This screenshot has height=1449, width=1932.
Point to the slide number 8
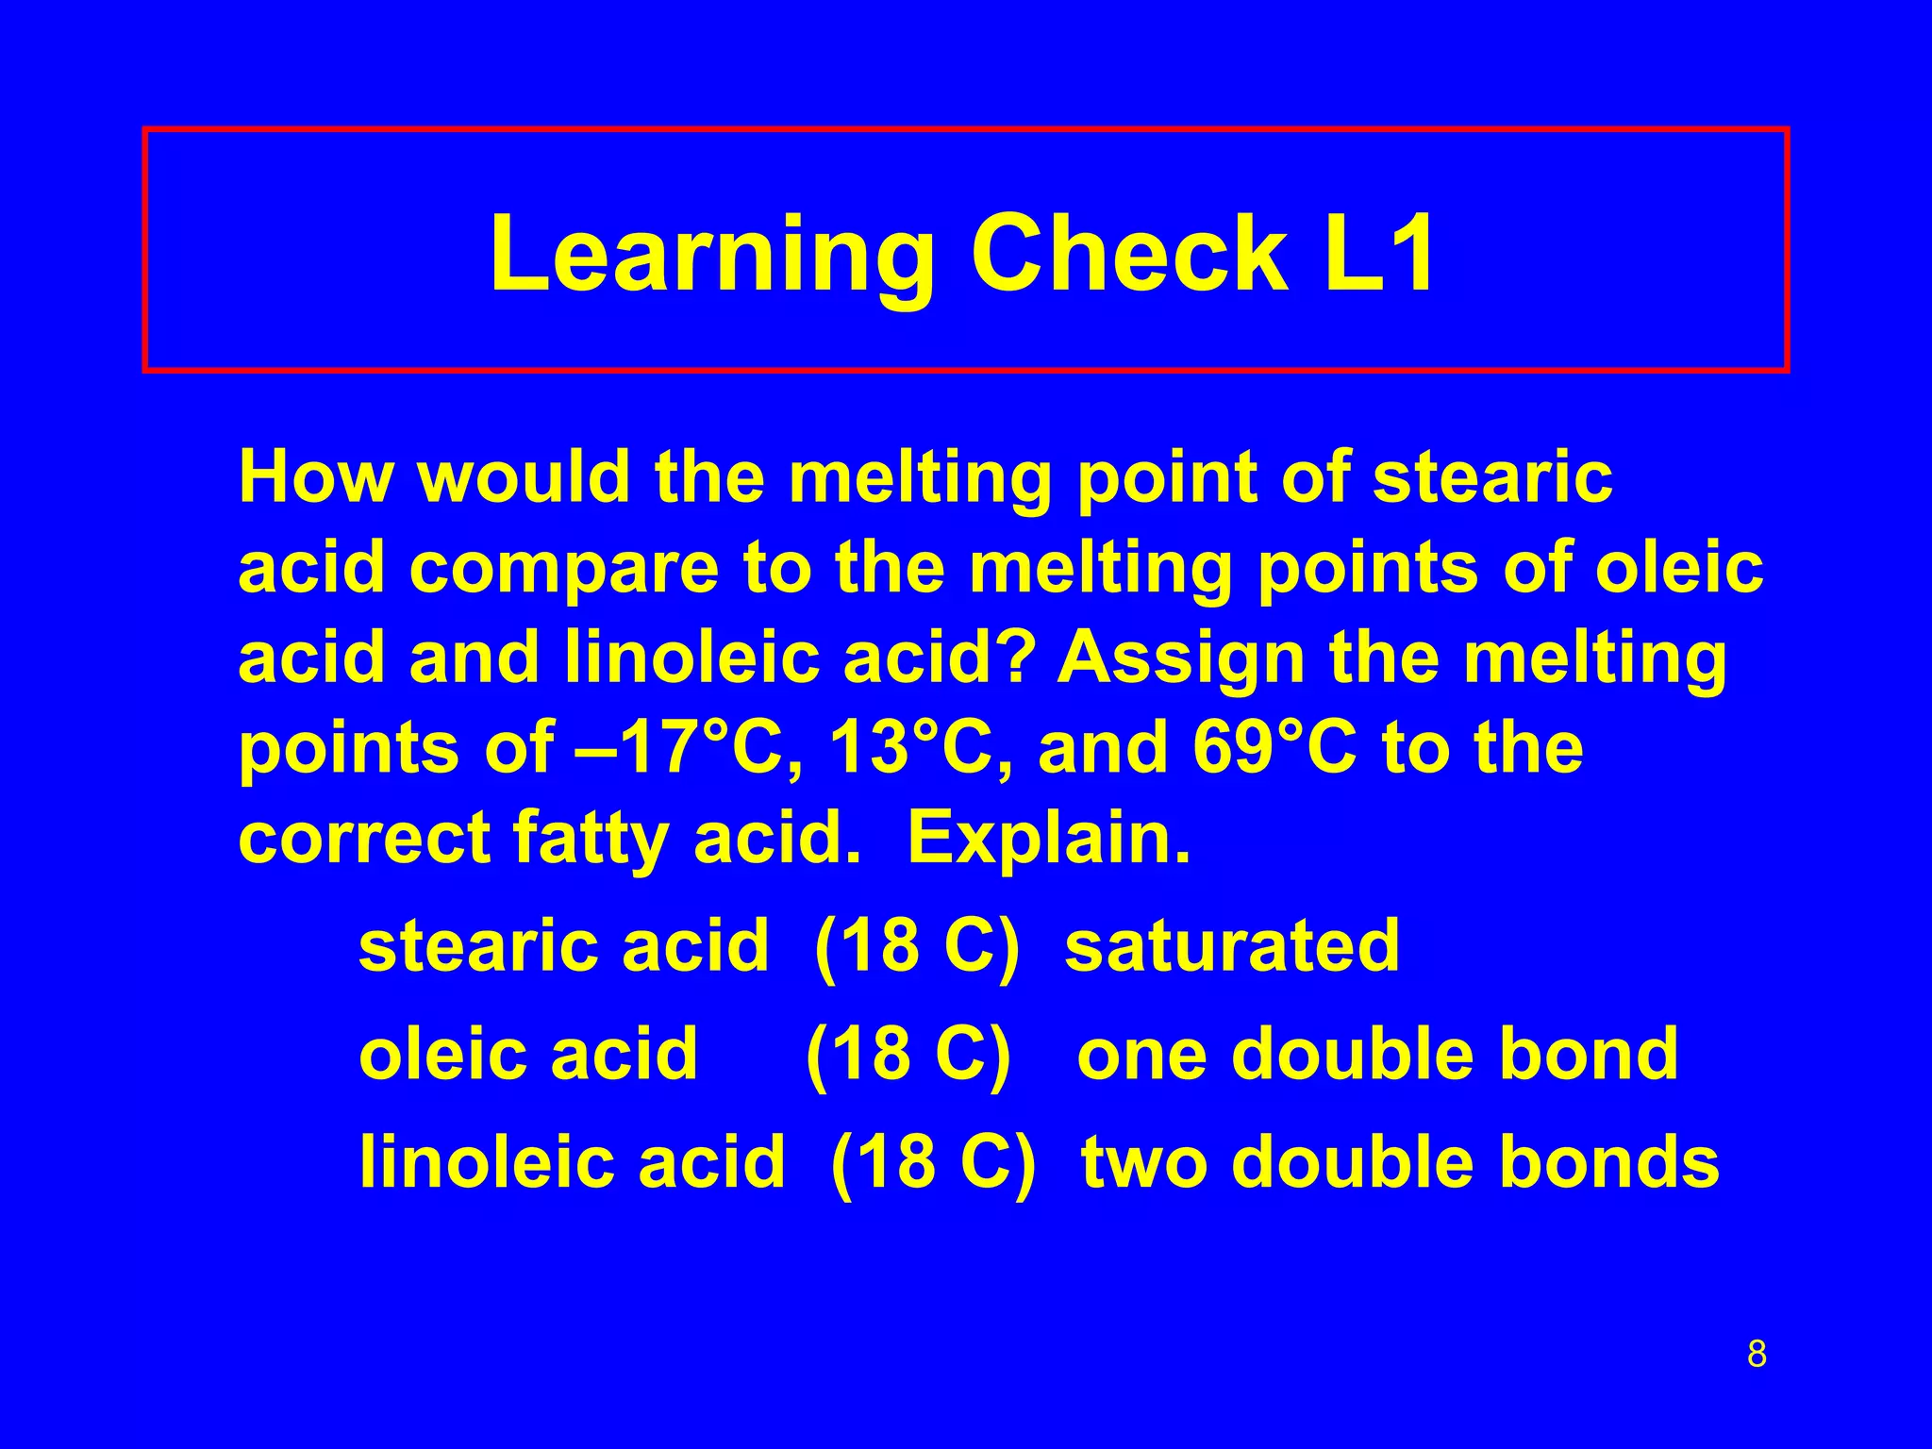1757,1353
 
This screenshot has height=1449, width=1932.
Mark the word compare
563,568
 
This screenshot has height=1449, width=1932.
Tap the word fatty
591,839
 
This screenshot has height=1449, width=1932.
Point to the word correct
364,839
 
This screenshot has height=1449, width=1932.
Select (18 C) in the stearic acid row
916,945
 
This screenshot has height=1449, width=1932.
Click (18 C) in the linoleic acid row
933,1161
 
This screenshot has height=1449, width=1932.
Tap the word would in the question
524,476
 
